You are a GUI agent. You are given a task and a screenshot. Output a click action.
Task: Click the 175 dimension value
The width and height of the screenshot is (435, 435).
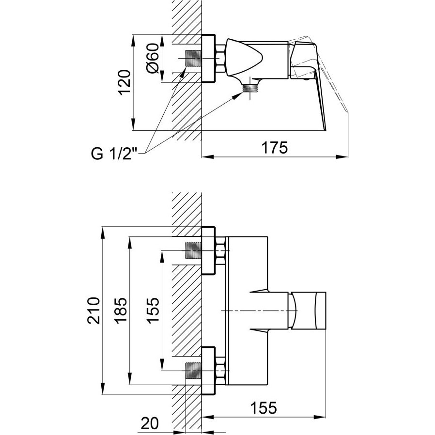click(275, 147)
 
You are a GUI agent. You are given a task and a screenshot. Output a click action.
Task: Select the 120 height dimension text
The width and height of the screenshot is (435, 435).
click(124, 82)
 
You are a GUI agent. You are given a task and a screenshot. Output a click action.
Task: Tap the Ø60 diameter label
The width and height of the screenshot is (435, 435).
click(153, 58)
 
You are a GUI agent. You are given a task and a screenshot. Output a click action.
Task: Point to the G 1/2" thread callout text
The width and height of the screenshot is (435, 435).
click(114, 154)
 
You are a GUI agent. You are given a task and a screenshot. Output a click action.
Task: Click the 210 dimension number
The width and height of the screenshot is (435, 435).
click(93, 311)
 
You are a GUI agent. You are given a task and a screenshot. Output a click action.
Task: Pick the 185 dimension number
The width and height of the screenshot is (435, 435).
click(121, 311)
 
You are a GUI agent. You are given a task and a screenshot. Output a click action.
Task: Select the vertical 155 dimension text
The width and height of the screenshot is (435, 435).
click(153, 310)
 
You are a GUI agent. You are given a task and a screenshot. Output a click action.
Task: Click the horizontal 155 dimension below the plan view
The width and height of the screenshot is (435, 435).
click(264, 408)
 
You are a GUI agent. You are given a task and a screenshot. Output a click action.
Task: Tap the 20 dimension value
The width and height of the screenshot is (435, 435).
click(150, 423)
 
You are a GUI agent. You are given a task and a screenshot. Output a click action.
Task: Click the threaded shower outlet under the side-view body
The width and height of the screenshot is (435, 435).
click(250, 89)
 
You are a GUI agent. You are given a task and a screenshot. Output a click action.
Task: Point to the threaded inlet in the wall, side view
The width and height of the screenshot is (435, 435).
click(193, 59)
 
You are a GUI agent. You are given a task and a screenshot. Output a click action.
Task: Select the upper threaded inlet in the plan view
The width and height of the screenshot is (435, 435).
click(193, 250)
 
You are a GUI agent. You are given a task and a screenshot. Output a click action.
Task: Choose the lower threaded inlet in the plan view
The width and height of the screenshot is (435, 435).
click(193, 371)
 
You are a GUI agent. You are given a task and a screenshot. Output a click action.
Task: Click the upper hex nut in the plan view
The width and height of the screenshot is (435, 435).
click(220, 250)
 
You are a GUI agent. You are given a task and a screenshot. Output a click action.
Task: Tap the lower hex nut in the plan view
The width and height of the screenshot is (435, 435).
click(220, 371)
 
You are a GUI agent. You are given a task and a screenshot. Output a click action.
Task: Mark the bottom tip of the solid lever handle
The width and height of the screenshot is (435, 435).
click(326, 130)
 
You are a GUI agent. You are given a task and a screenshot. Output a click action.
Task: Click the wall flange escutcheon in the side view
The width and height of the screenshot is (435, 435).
click(208, 59)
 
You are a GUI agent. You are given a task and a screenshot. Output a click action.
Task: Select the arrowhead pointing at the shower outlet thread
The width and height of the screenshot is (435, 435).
click(238, 95)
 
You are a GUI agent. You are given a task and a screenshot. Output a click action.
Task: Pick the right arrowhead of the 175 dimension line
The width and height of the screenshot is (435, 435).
click(342, 157)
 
